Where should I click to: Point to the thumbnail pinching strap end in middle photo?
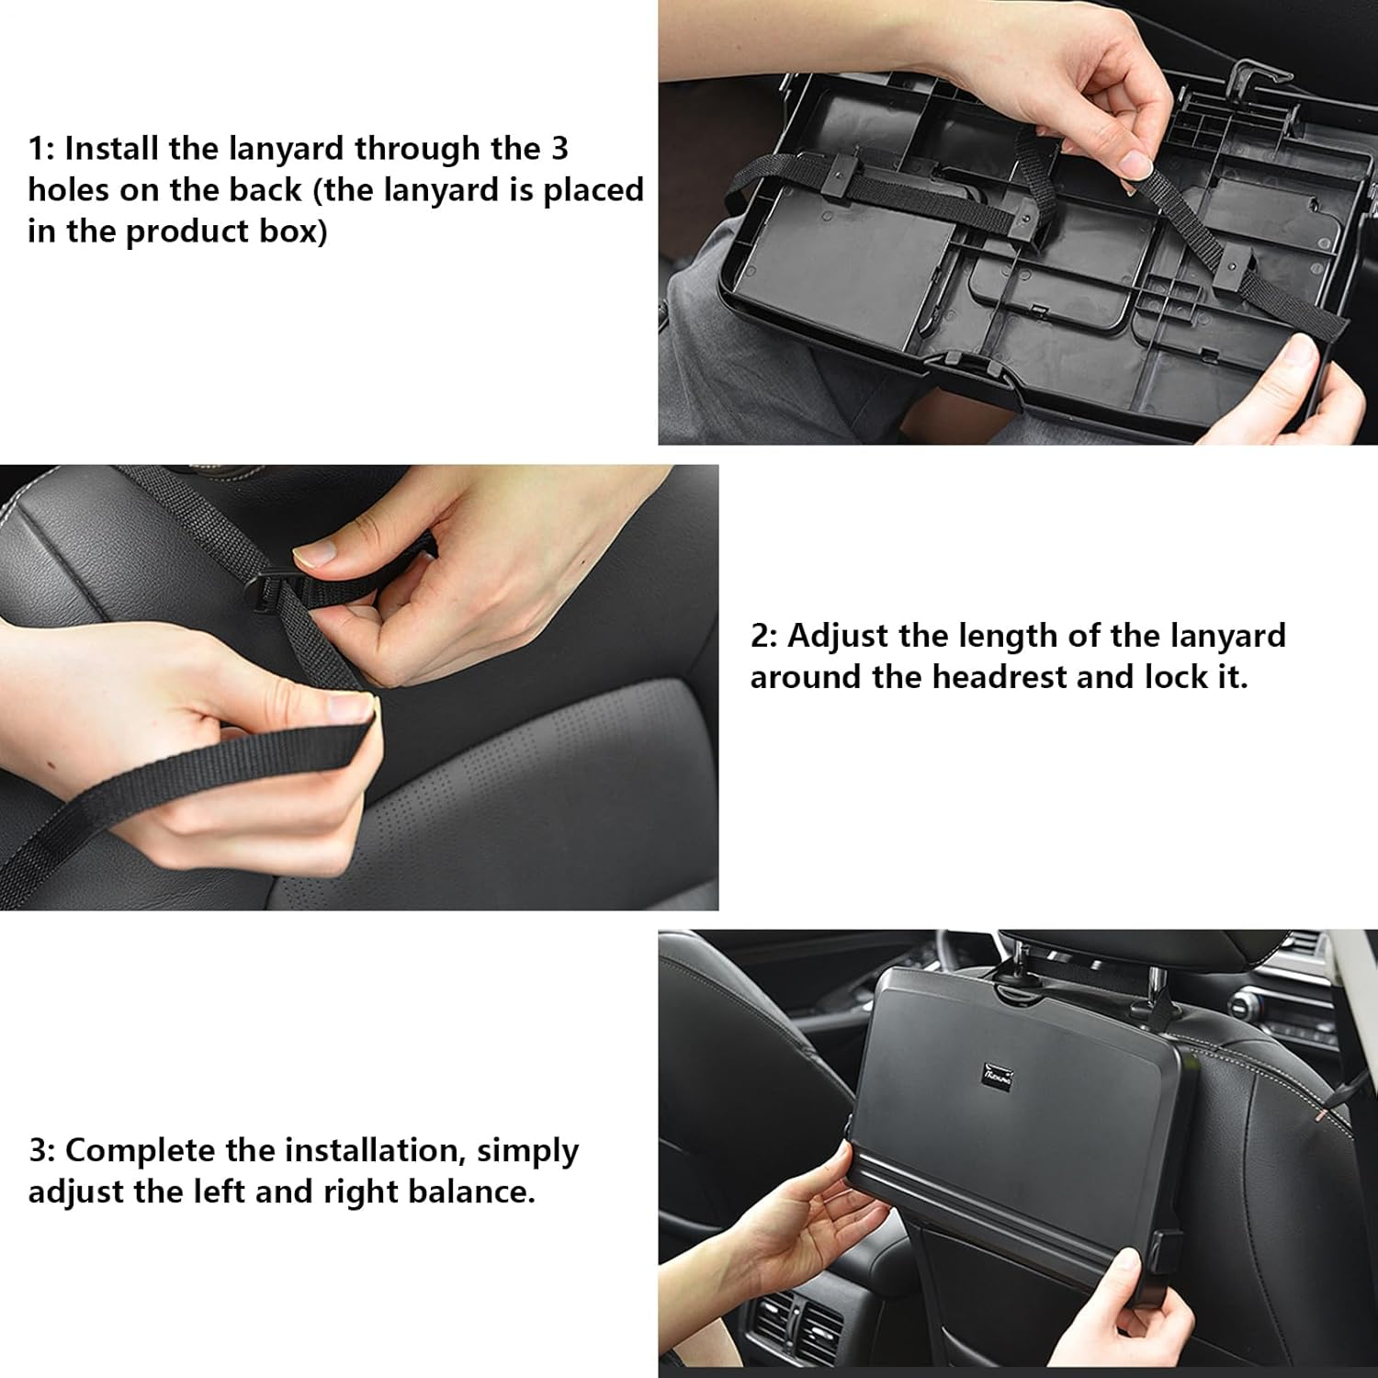(351, 706)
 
